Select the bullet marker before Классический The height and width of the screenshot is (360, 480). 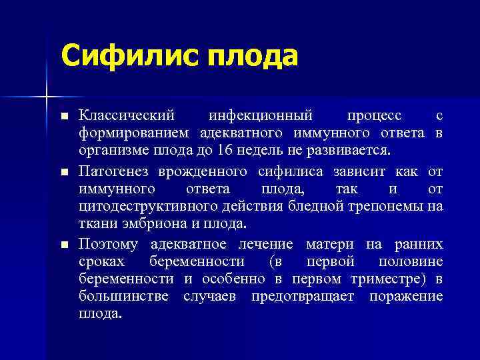click(64, 117)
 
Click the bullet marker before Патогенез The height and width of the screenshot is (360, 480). click(64, 172)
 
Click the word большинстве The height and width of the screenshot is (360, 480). click(126, 295)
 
